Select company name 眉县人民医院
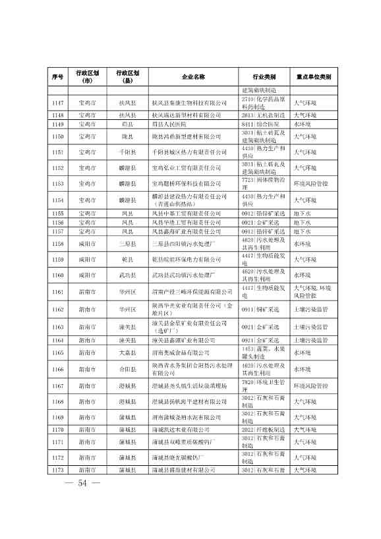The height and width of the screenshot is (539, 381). point(169,124)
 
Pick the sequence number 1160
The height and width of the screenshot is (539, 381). point(57,275)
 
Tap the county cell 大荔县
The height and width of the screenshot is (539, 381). point(126,353)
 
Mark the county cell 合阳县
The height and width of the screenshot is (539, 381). point(126,370)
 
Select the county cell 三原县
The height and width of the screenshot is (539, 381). point(126,244)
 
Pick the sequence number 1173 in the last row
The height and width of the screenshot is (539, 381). point(57,488)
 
